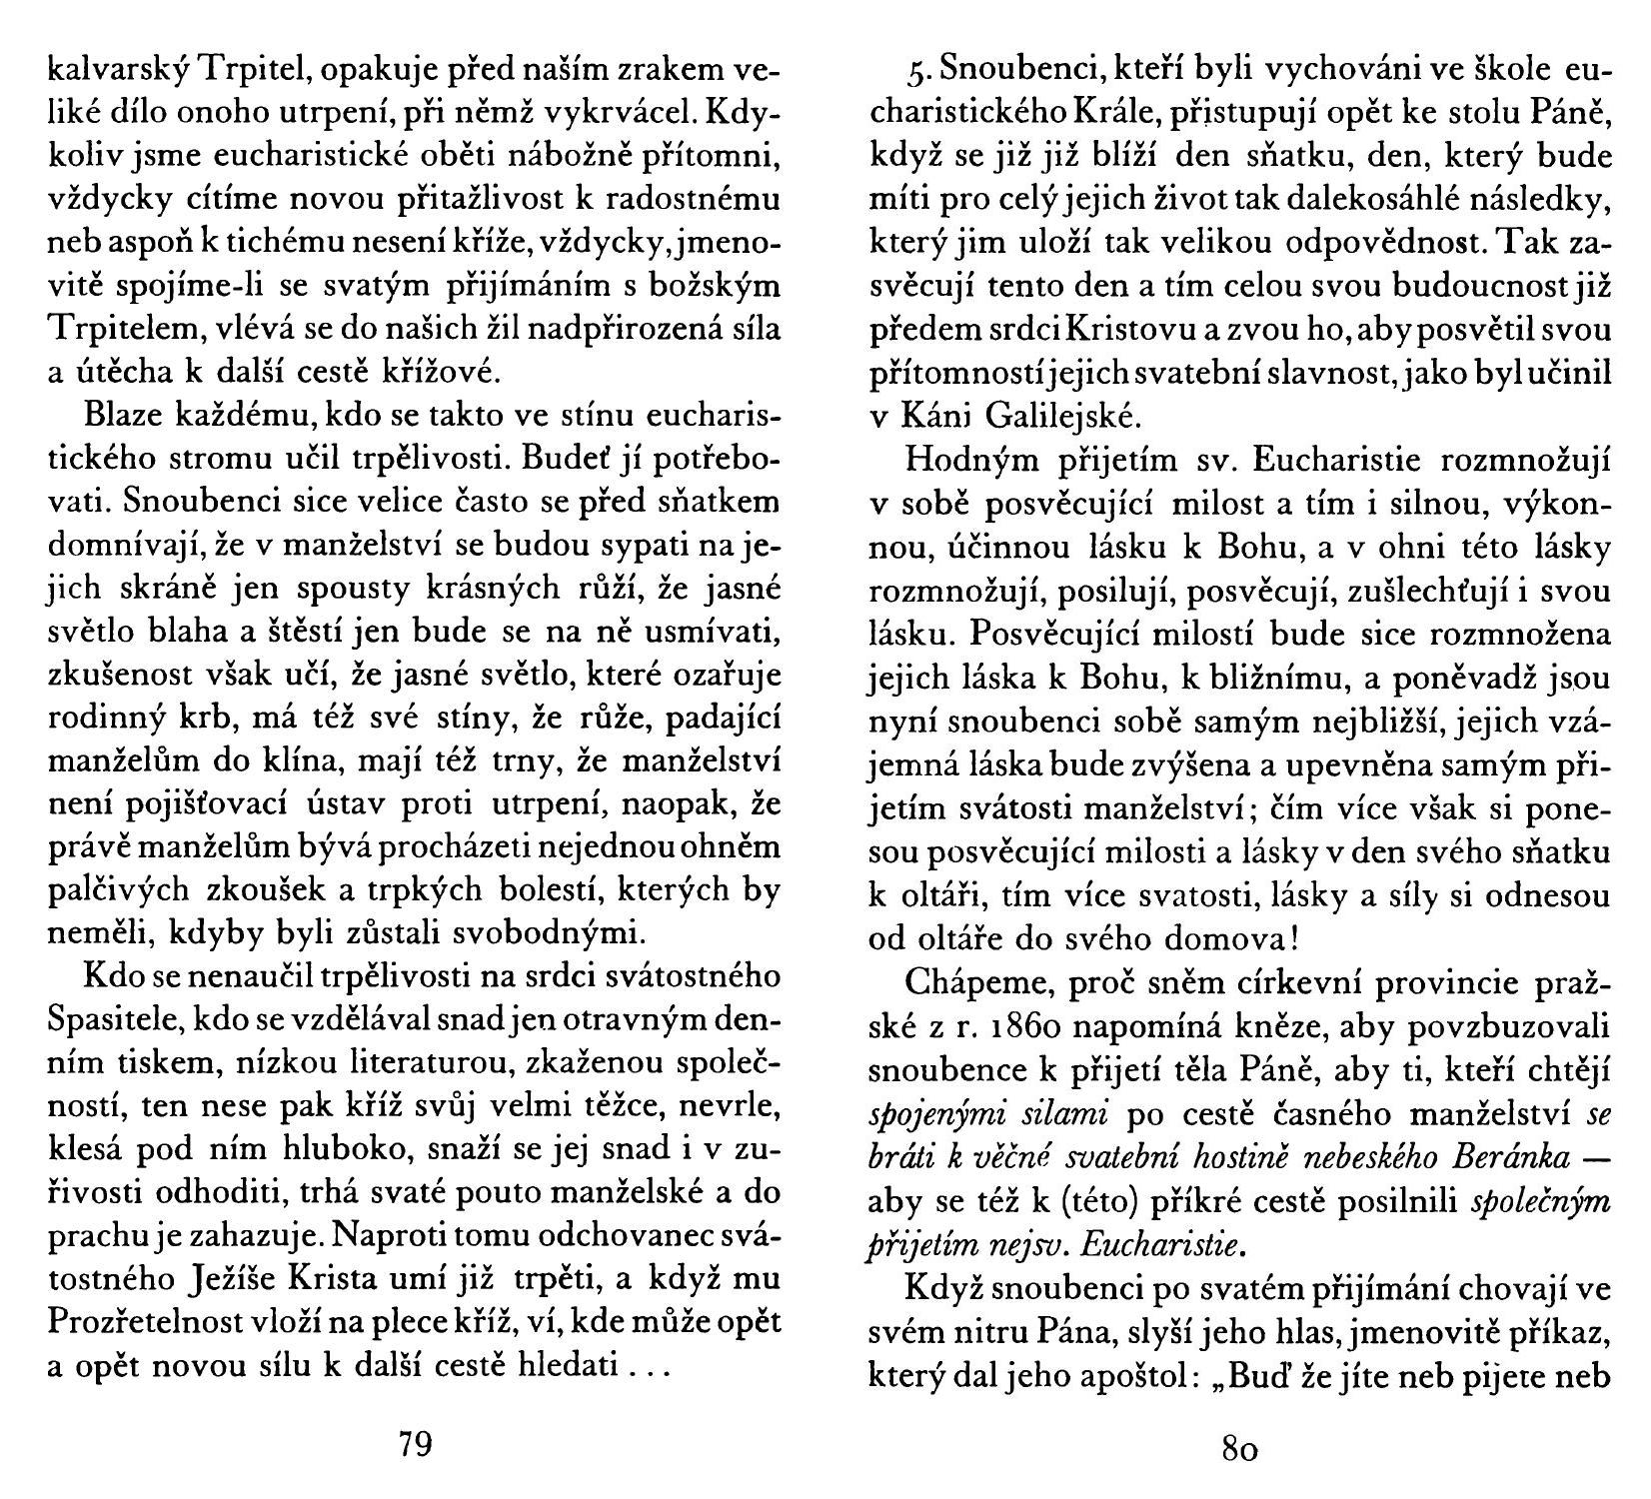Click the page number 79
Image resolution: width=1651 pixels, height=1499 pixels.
(415, 1445)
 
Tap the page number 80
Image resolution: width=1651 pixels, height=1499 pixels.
(1239, 1447)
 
